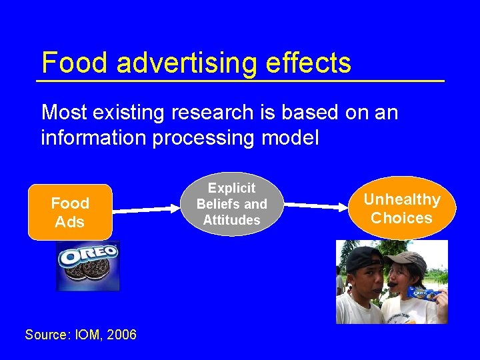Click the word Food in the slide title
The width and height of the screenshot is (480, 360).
pos(73,63)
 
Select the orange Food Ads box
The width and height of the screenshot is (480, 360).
pos(70,212)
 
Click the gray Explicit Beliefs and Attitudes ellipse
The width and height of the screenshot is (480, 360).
pos(231,204)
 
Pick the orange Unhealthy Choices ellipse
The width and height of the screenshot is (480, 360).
pos(401,208)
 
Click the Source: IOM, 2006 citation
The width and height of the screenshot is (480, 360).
pos(81,335)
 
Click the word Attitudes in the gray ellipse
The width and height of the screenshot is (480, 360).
pos(231,220)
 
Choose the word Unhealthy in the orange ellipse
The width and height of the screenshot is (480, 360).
pos(402,199)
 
